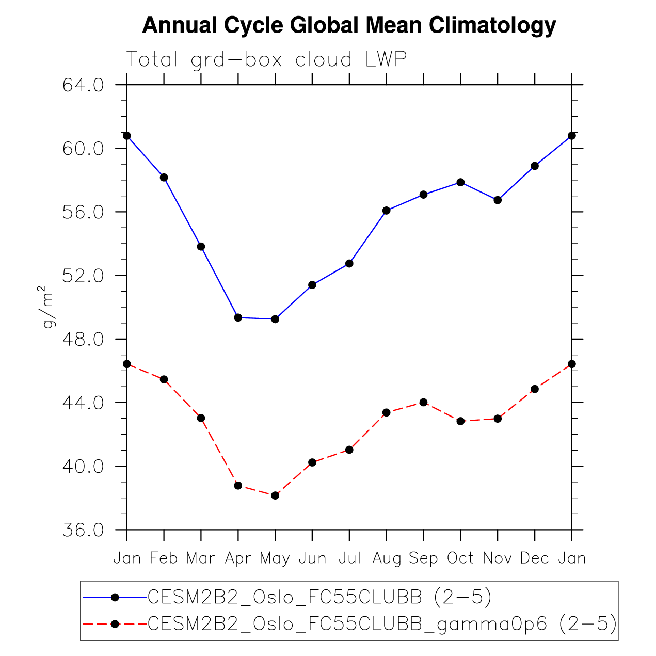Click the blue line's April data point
(238, 317)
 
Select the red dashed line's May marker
(275, 495)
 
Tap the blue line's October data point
(460, 182)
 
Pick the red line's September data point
(423, 402)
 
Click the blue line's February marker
(164, 177)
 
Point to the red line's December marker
(535, 389)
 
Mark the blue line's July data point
(349, 263)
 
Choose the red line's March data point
(201, 418)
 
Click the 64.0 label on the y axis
(83, 85)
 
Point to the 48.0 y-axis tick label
(83, 340)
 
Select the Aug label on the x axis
(387, 558)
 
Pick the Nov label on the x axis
(498, 558)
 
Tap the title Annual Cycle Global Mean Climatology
(349, 25)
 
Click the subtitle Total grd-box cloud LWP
(267, 59)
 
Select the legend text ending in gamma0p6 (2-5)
(382, 624)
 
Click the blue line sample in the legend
(115, 597)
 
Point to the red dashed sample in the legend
(115, 624)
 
